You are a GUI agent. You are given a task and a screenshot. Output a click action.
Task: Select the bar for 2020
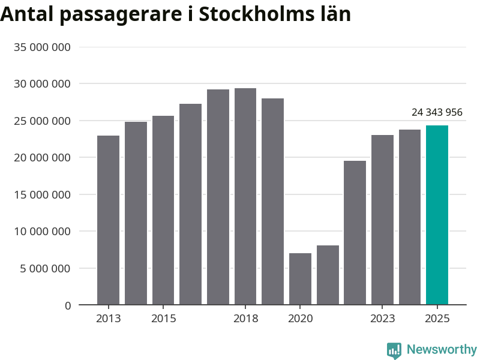click(300, 279)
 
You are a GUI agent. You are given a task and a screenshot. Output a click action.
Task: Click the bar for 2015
click(163, 210)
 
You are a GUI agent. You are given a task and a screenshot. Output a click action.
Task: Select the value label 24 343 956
click(437, 112)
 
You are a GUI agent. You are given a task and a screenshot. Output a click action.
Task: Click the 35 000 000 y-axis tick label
click(42, 47)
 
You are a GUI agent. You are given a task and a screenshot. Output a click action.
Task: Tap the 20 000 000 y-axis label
click(42, 157)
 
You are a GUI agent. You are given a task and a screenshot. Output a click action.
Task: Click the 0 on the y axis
click(68, 305)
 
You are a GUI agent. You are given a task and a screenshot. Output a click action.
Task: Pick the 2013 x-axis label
click(108, 318)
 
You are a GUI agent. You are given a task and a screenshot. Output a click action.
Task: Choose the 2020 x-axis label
click(300, 318)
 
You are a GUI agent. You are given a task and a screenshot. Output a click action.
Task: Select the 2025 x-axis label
click(437, 318)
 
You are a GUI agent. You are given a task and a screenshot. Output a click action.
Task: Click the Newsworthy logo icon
click(394, 350)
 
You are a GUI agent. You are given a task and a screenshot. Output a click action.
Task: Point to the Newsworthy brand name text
click(442, 349)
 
